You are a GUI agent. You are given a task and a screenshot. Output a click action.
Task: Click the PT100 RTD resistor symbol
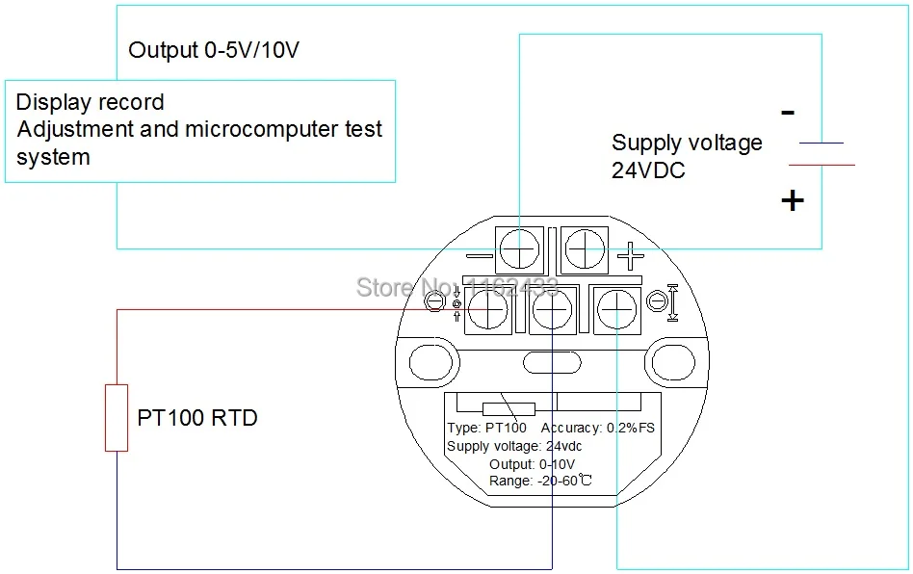[117, 417]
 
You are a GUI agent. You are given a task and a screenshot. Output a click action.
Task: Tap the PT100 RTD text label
[197, 418]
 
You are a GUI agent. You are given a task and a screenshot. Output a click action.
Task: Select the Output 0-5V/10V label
[214, 50]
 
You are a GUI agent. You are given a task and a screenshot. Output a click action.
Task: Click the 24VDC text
[648, 170]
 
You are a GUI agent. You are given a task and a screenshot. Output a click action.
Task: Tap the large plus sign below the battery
[793, 201]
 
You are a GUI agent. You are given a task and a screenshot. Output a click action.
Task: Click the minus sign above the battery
[788, 113]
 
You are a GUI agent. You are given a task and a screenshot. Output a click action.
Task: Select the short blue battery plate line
[821, 143]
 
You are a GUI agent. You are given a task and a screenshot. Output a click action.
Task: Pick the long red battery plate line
[822, 166]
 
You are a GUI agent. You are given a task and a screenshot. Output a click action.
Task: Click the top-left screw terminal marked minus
[519, 249]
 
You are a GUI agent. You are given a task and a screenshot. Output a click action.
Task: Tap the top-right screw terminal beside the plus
[585, 249]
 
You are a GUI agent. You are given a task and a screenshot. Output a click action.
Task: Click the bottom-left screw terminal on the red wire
[488, 310]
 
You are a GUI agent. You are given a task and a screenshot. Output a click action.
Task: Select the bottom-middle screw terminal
[552, 310]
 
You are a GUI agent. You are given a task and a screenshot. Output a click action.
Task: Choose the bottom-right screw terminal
[616, 310]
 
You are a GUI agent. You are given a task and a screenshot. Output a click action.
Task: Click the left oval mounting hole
[430, 361]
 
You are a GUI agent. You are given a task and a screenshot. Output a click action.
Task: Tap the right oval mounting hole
[673, 361]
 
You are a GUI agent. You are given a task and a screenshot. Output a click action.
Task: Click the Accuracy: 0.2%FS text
[597, 428]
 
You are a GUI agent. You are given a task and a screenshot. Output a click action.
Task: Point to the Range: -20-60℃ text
[540, 481]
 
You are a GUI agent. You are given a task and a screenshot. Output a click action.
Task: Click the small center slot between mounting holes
[552, 363]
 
